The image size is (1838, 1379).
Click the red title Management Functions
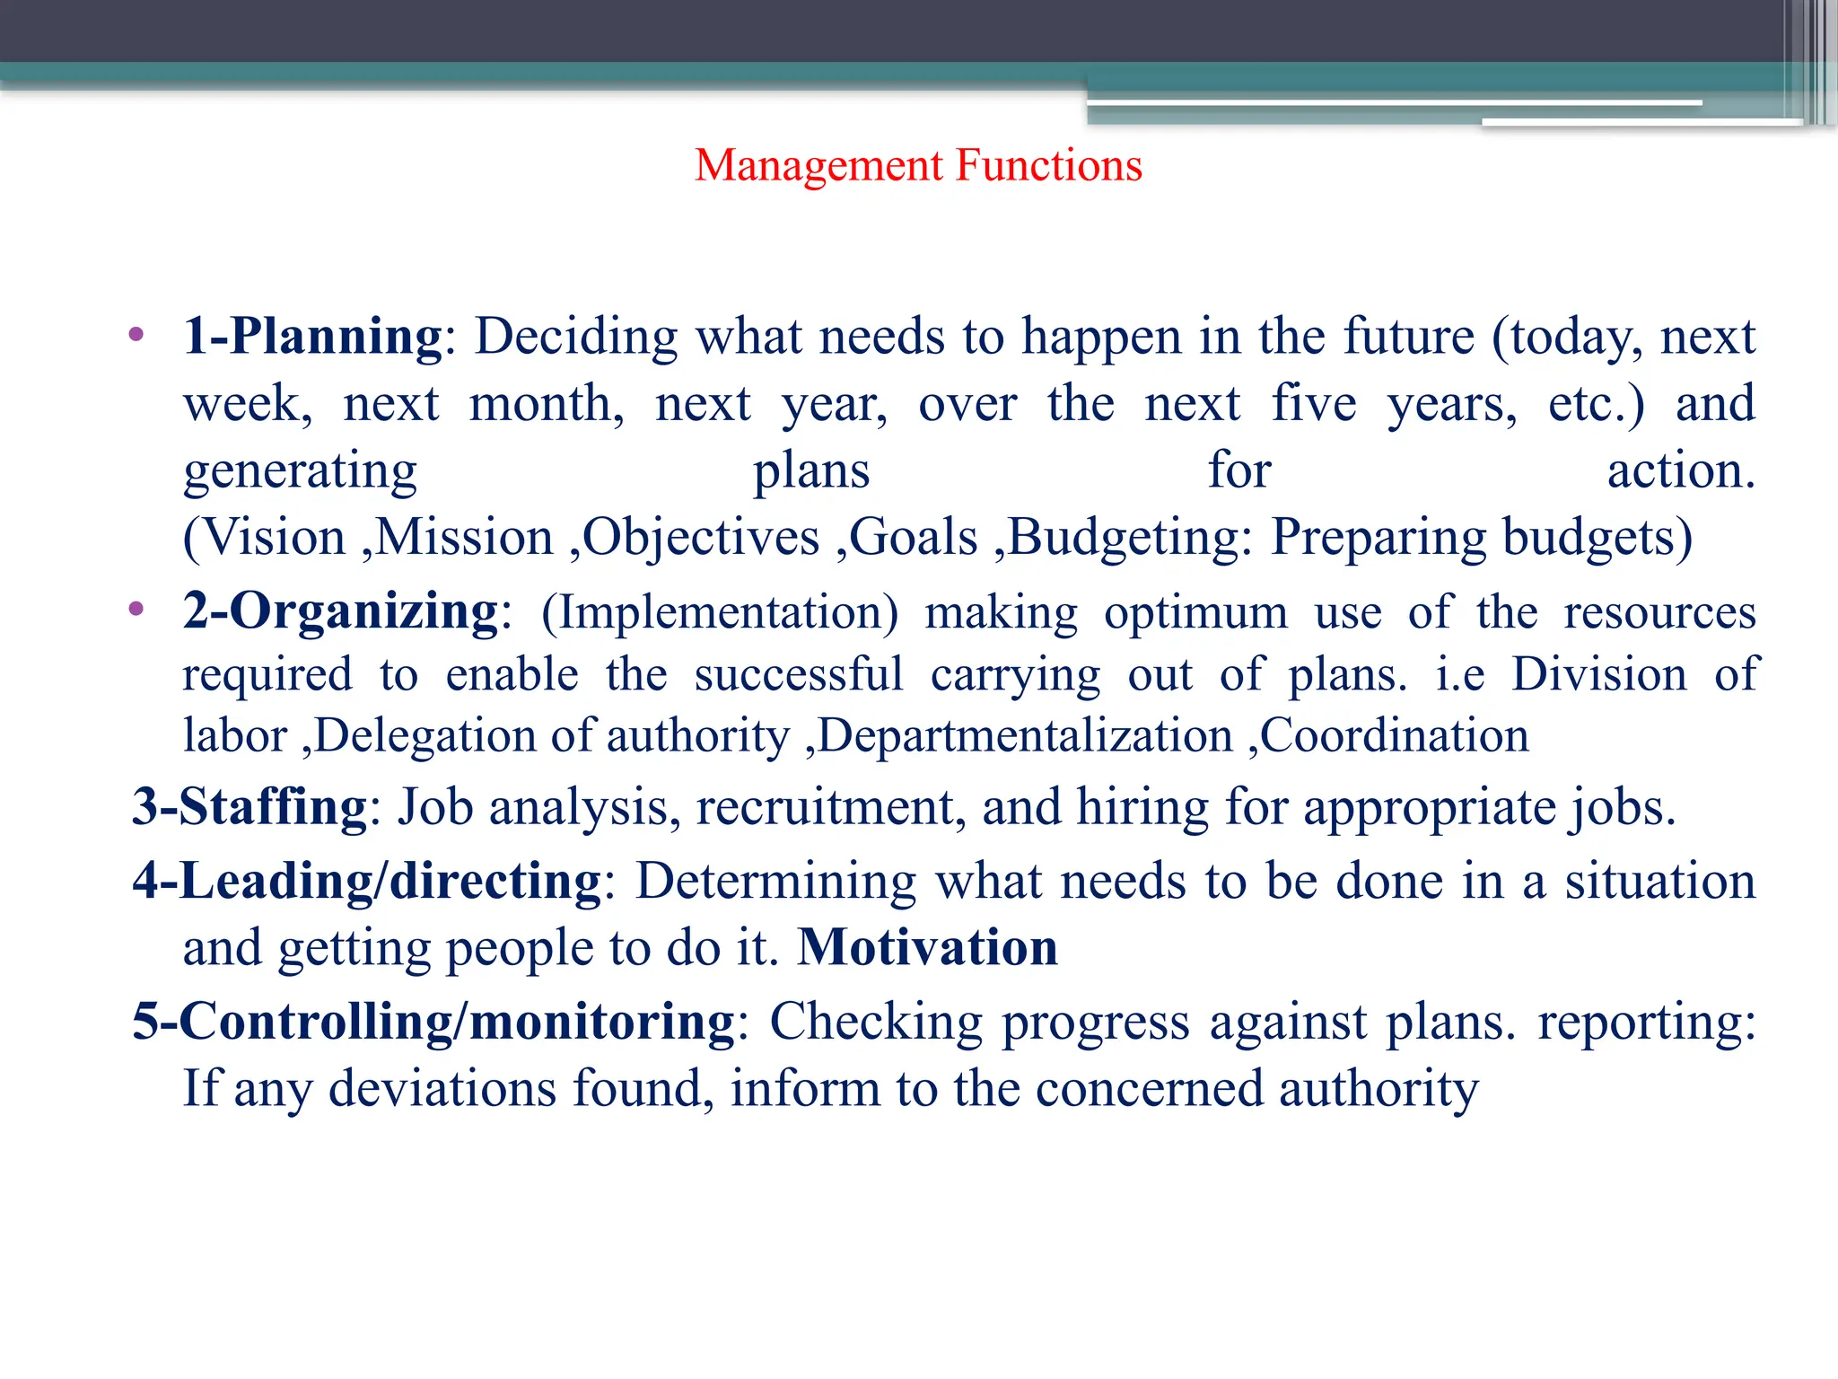pos(918,165)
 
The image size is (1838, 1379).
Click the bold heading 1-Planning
pos(312,337)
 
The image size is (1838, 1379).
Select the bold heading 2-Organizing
pos(340,611)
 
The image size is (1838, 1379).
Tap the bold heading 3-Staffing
pos(249,806)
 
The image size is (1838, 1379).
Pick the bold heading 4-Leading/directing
pos(367,881)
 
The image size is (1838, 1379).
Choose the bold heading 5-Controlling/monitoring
pos(433,1022)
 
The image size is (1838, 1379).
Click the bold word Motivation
pos(928,948)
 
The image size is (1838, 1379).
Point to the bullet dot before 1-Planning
pos(136,336)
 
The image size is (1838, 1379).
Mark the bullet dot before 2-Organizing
pos(136,610)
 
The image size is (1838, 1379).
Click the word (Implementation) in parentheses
pos(720,613)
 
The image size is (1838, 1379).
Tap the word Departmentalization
pos(1025,736)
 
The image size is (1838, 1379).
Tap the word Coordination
pos(1395,736)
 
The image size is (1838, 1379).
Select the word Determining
pos(775,882)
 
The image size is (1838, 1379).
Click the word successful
pos(798,675)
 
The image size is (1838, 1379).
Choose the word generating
pos(300,471)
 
